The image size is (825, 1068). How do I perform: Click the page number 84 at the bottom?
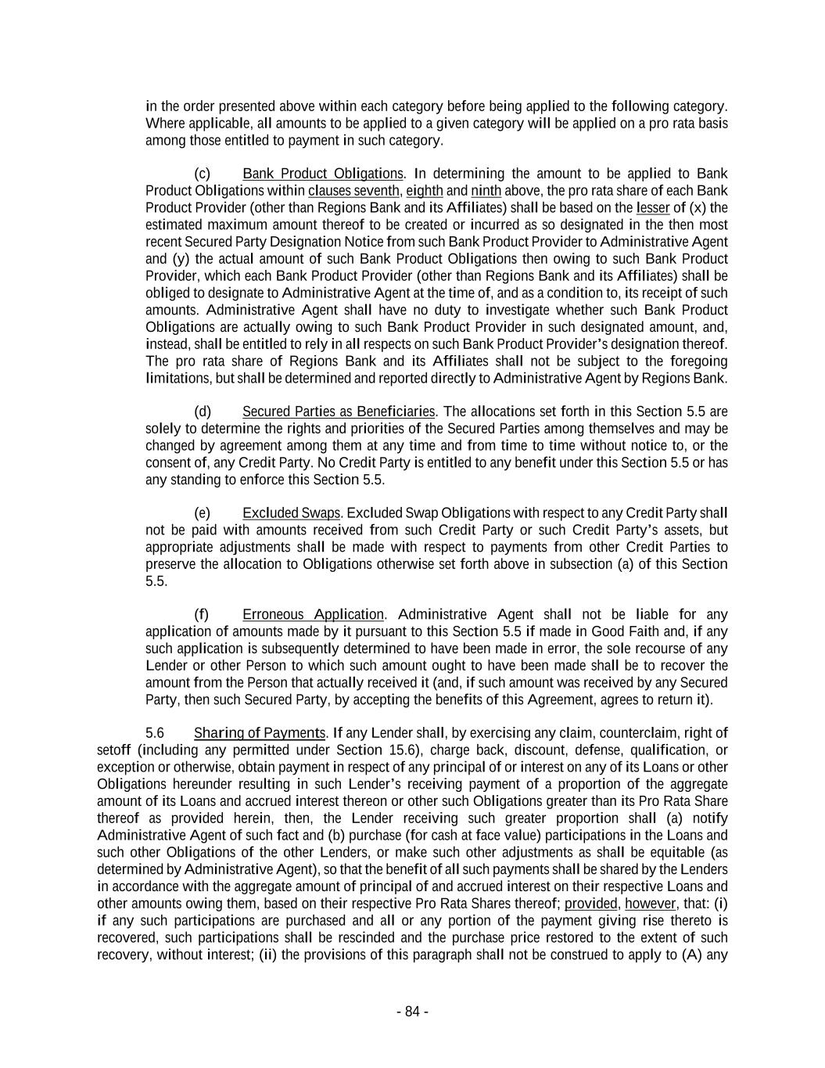412,1011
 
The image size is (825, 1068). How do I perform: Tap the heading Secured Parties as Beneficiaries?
339,411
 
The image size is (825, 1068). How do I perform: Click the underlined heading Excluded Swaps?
292,512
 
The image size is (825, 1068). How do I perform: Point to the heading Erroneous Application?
313,614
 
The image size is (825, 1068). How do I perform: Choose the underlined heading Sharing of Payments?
260,732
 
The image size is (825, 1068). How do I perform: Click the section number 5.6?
155,732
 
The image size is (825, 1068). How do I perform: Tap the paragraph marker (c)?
202,173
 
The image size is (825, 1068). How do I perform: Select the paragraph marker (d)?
202,411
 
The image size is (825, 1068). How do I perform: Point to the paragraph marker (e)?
202,512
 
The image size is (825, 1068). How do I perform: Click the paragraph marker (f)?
201,614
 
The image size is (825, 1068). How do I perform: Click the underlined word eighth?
425,190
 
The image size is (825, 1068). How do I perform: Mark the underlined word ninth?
486,190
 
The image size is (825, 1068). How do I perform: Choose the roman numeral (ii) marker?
268,955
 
